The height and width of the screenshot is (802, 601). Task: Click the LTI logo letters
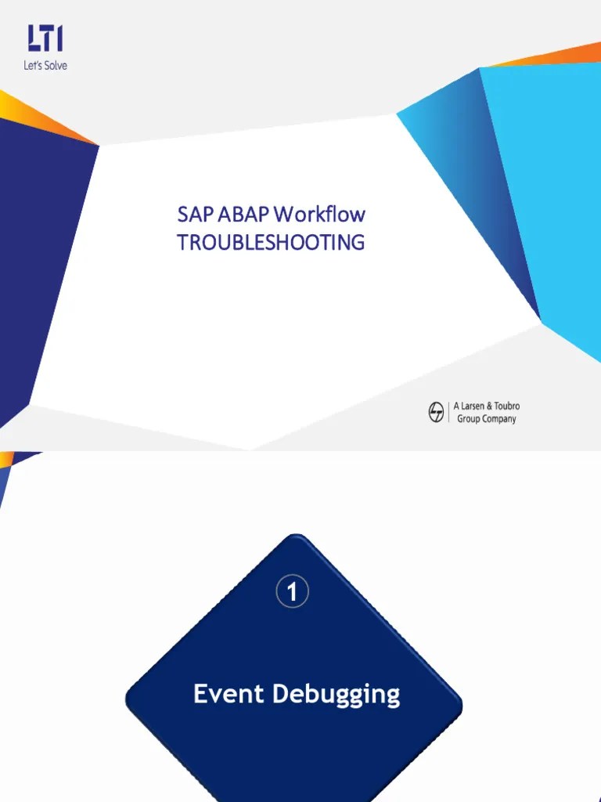pos(45,38)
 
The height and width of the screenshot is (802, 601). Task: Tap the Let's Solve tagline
pos(45,66)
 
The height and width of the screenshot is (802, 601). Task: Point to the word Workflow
pos(319,215)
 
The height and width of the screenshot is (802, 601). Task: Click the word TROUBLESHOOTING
pos(271,243)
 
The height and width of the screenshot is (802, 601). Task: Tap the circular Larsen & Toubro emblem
pos(436,413)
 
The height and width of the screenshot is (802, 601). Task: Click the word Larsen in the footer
pos(476,406)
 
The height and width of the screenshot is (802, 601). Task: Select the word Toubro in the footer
pos(506,406)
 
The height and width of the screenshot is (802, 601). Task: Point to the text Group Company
pos(486,419)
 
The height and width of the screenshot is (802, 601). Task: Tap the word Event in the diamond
pos(226,694)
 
